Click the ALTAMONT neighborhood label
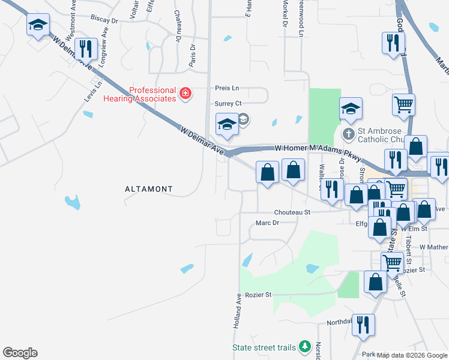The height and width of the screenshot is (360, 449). (148, 189)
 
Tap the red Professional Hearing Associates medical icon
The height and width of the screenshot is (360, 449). (185, 94)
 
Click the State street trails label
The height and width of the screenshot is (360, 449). (264, 347)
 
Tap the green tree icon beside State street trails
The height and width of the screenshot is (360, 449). (305, 347)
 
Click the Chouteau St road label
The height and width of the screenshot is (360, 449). (292, 212)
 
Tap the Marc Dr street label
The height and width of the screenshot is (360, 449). (268, 223)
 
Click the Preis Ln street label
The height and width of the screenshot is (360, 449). (227, 88)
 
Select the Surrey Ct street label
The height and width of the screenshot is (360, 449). (228, 103)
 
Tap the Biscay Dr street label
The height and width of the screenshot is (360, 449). (105, 19)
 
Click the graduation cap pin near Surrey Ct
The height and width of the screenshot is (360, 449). (227, 125)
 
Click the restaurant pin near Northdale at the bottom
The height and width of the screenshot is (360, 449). (363, 325)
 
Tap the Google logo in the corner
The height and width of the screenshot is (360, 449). (20, 353)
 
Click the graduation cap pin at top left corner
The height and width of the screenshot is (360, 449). (38, 25)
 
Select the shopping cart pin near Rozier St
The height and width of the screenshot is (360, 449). (392, 262)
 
